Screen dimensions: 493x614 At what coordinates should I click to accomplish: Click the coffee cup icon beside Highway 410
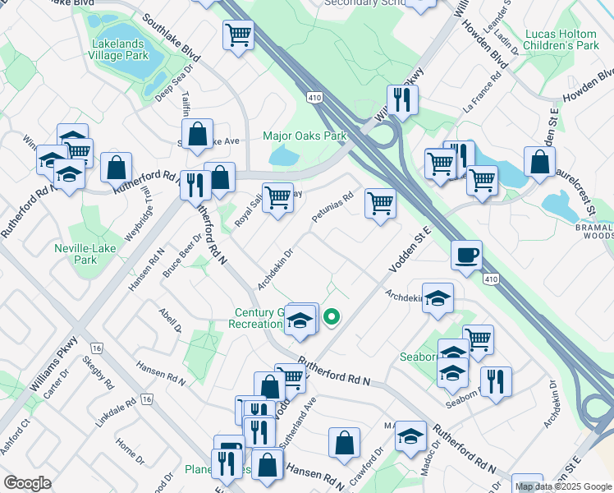pos(466,254)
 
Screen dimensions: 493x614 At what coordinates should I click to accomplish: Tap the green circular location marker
pos(332,316)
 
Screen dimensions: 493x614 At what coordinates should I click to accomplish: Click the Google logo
pos(27,483)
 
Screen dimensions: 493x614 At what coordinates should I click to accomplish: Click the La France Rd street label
pos(482,95)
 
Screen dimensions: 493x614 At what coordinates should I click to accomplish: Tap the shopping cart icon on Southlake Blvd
pos(238,35)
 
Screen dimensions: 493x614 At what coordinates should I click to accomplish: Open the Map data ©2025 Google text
pos(564,486)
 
